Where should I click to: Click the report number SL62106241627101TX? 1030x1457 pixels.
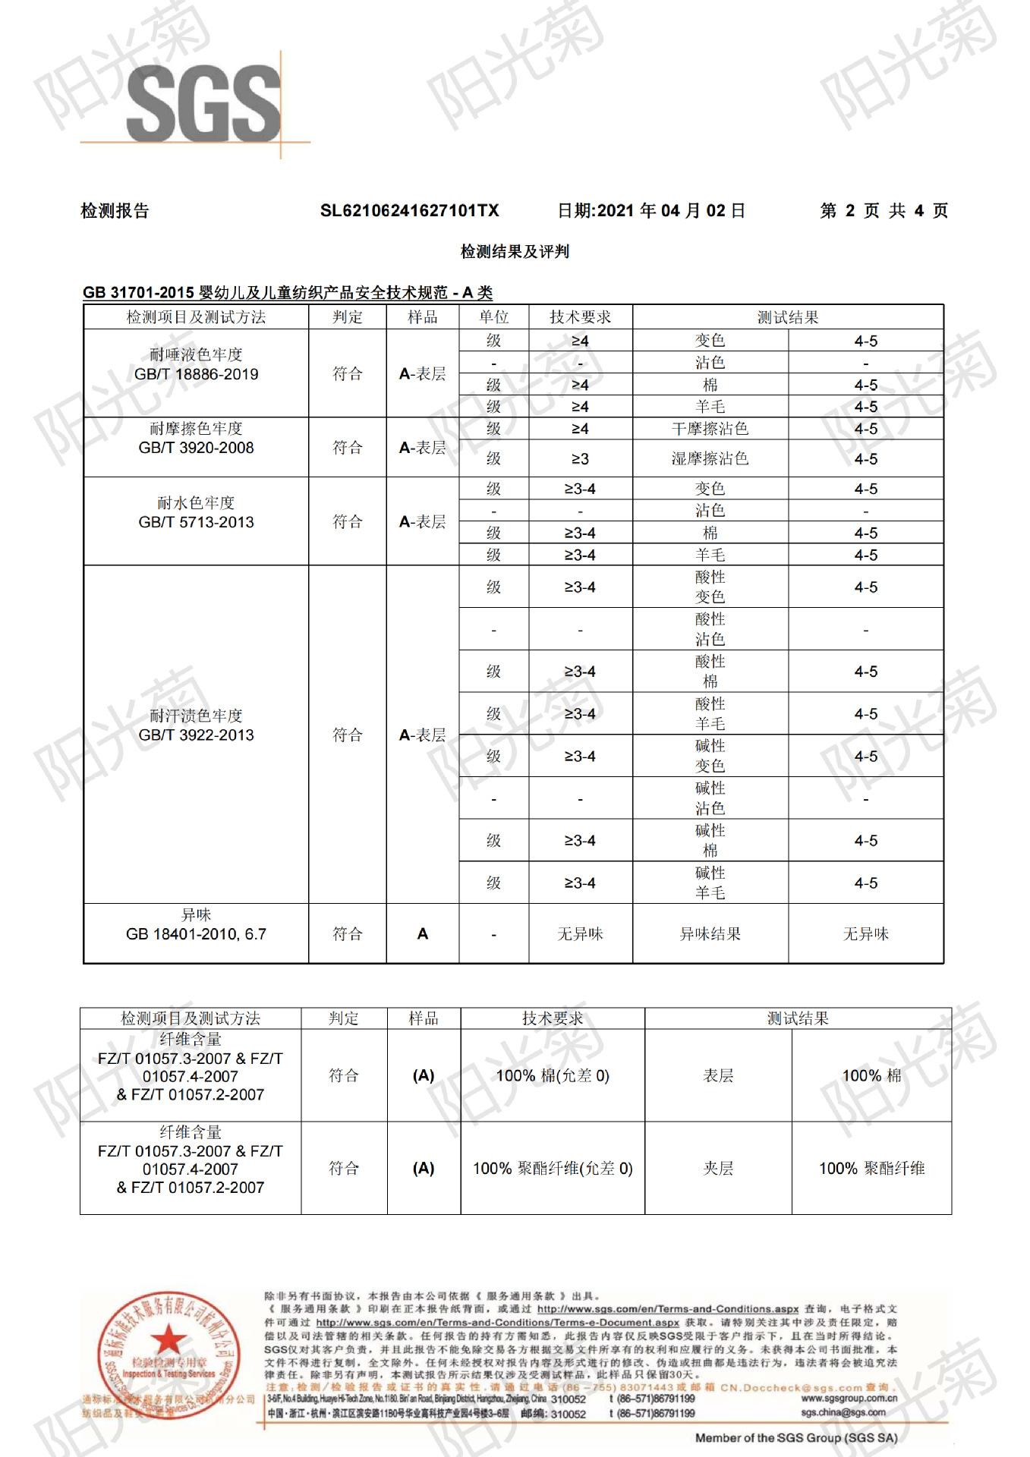pyautogui.click(x=409, y=211)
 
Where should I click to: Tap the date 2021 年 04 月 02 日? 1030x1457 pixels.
pyautogui.click(x=651, y=211)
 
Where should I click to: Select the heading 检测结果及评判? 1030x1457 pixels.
pyautogui.click(x=515, y=251)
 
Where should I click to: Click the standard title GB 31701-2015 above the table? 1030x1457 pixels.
pyautogui.click(x=139, y=293)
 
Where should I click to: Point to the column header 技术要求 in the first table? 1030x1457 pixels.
pyautogui.click(x=580, y=317)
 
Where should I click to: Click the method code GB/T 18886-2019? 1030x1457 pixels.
pyautogui.click(x=196, y=374)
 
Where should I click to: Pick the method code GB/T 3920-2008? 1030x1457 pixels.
pyautogui.click(x=196, y=448)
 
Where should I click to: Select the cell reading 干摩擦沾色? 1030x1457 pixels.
pyautogui.click(x=710, y=429)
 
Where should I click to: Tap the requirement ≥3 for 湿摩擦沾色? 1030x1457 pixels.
pyautogui.click(x=580, y=459)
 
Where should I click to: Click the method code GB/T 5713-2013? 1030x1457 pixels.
pyautogui.click(x=196, y=522)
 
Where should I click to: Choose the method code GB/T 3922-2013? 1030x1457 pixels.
pyautogui.click(x=196, y=735)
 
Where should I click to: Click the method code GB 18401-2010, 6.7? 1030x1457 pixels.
pyautogui.click(x=196, y=934)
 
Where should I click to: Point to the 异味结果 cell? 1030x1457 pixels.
pyautogui.click(x=710, y=934)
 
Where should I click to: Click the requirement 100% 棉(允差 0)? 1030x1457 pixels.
pyautogui.click(x=553, y=1075)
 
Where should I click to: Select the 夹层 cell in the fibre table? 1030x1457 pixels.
pyautogui.click(x=718, y=1168)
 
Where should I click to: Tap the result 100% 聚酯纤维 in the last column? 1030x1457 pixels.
pyautogui.click(x=871, y=1168)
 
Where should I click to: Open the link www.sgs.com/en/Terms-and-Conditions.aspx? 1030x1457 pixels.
pyautogui.click(x=667, y=1309)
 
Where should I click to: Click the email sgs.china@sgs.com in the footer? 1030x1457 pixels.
pyautogui.click(x=843, y=1412)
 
